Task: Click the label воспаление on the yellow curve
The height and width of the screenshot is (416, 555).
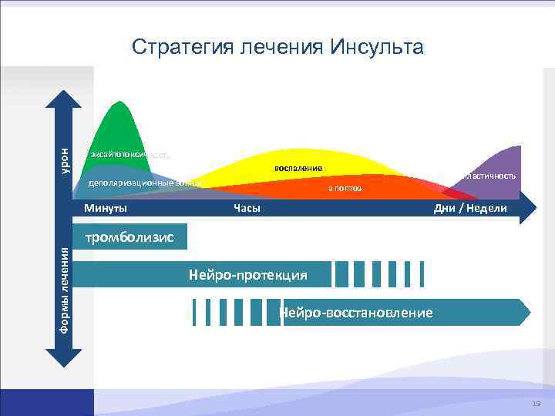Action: (x=298, y=168)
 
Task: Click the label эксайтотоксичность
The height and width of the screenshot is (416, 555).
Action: (x=129, y=154)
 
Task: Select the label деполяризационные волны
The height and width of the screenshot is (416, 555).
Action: (x=144, y=183)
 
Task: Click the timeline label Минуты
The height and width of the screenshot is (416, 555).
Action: (x=106, y=208)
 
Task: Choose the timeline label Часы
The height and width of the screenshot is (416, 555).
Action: (x=247, y=208)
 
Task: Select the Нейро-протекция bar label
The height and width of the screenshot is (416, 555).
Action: (x=247, y=275)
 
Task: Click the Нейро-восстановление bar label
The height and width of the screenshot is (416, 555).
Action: (x=355, y=313)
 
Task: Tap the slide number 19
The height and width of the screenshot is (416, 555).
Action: (x=536, y=404)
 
